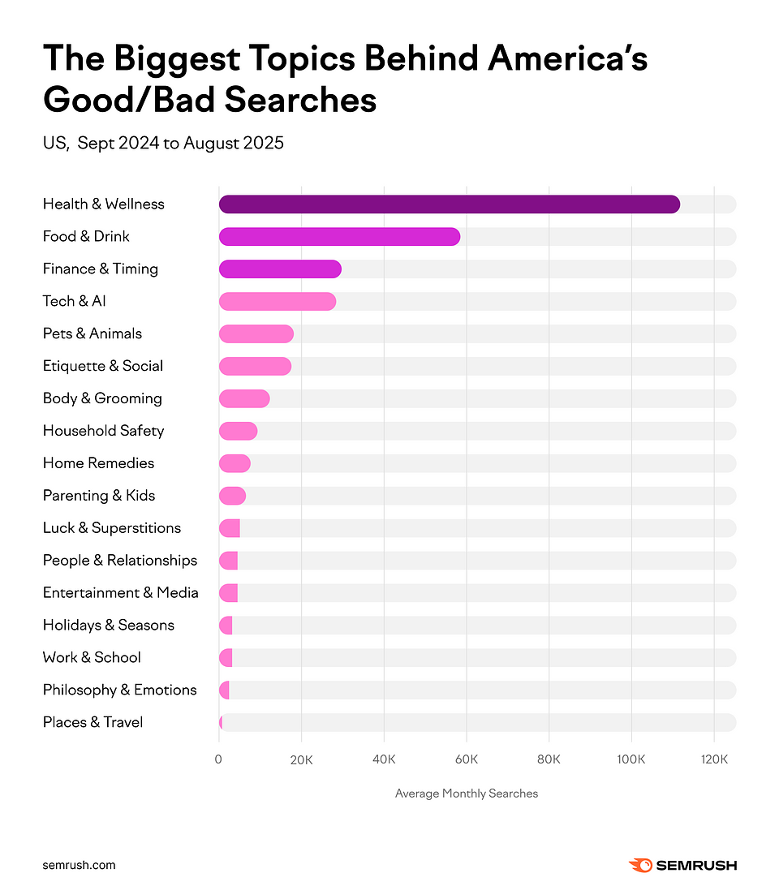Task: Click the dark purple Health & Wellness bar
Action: [x=449, y=204]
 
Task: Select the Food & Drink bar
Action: [x=339, y=237]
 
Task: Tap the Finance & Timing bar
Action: [x=280, y=269]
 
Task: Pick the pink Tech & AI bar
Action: [x=277, y=302]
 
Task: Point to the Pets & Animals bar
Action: [x=256, y=334]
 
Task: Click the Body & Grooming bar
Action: [x=243, y=399]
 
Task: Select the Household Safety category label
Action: [x=103, y=431]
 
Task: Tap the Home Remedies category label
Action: [x=98, y=463]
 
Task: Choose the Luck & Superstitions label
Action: [x=112, y=528]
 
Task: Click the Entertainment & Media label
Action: [x=120, y=593]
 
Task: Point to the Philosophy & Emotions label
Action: [x=119, y=690]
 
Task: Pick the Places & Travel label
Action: [x=93, y=723]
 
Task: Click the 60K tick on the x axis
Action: [x=467, y=760]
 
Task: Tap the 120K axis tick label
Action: [x=714, y=760]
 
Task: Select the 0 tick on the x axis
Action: [x=218, y=760]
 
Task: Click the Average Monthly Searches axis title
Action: [x=467, y=794]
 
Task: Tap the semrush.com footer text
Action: [x=79, y=865]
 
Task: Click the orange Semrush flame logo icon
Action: [x=640, y=865]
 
